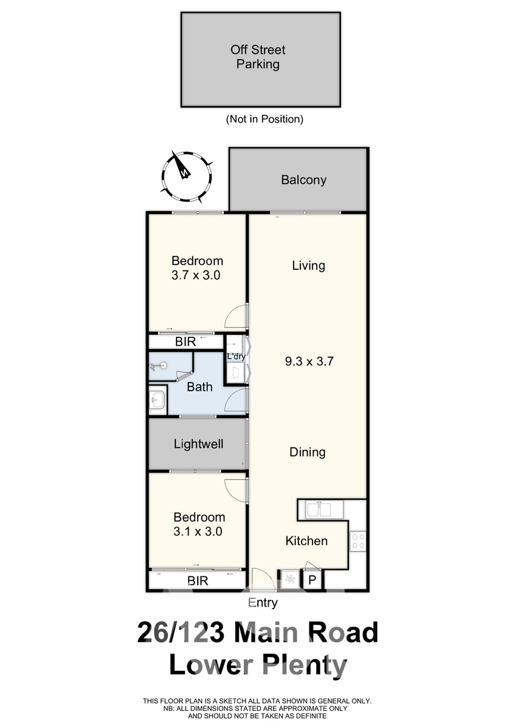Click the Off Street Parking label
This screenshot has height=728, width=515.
pos(258,57)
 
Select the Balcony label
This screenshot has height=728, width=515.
pos(303,180)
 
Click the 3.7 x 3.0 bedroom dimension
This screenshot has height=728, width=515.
pos(195,275)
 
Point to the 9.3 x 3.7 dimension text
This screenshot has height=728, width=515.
pos(309,362)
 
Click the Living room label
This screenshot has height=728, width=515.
pos(308,266)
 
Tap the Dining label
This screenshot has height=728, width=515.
pos(308,452)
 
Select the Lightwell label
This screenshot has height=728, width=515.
pos(198,444)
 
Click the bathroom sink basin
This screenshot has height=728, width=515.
pos(158,399)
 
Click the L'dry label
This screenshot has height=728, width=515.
pos(235,357)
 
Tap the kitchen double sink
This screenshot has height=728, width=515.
pos(320,510)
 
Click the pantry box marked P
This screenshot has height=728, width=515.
pos(312,579)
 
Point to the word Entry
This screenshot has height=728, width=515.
pos(263,602)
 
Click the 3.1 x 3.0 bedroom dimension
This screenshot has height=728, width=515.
pos(198,531)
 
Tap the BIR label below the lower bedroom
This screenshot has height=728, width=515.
pos(198,581)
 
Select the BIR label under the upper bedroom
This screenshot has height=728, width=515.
pos(186,342)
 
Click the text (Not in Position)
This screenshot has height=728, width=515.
pos(264,120)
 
